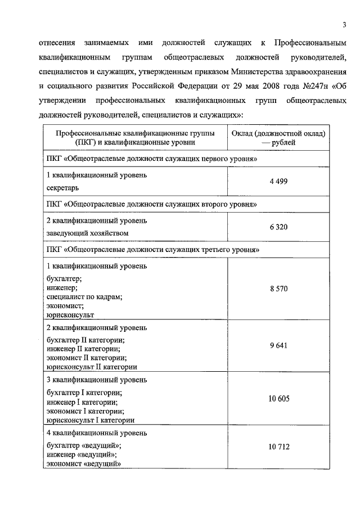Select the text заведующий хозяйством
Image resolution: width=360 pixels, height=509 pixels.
tap(87, 232)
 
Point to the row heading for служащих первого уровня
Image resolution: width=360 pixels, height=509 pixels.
tap(151, 159)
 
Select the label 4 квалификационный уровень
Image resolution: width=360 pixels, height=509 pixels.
tap(97, 433)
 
